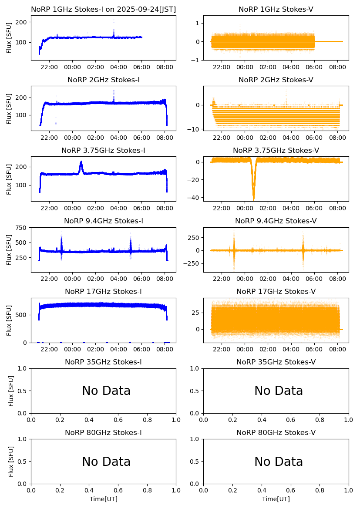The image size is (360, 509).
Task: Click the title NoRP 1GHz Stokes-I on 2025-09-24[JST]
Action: (x=103, y=9)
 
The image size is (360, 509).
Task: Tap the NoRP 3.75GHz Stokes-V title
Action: (x=276, y=151)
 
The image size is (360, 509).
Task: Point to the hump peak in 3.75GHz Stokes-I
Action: (x=81, y=162)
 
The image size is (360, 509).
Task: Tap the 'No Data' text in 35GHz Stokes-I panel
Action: (x=106, y=391)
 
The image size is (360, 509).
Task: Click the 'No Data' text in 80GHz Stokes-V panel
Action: (x=279, y=462)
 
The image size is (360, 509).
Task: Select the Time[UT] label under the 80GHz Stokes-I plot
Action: (x=104, y=499)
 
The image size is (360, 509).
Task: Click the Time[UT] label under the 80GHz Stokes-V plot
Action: (x=276, y=499)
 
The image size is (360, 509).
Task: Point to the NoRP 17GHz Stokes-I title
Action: (x=103, y=292)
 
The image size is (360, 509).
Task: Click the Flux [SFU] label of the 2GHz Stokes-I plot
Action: (x=10, y=108)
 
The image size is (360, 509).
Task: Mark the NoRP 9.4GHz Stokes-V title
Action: (x=276, y=221)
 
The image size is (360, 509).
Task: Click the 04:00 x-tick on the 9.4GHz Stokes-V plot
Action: (x=291, y=280)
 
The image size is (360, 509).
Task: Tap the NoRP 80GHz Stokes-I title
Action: (x=103, y=433)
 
